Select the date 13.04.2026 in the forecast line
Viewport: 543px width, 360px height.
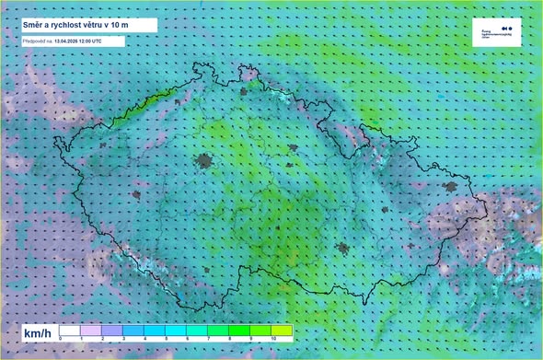pyautogui.click(x=71, y=41)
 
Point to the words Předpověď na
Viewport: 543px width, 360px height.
pyautogui.click(x=36, y=41)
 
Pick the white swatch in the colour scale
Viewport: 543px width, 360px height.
pyautogui.click(x=70, y=330)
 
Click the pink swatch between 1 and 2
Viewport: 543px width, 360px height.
pyautogui.click(x=91, y=330)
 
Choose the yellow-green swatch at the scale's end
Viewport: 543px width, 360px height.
pyautogui.click(x=282, y=330)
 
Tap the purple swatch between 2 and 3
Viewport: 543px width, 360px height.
pyautogui.click(x=112, y=330)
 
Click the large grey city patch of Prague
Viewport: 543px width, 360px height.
pyautogui.click(x=203, y=163)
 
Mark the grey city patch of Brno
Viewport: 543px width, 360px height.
pyautogui.click(x=343, y=248)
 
